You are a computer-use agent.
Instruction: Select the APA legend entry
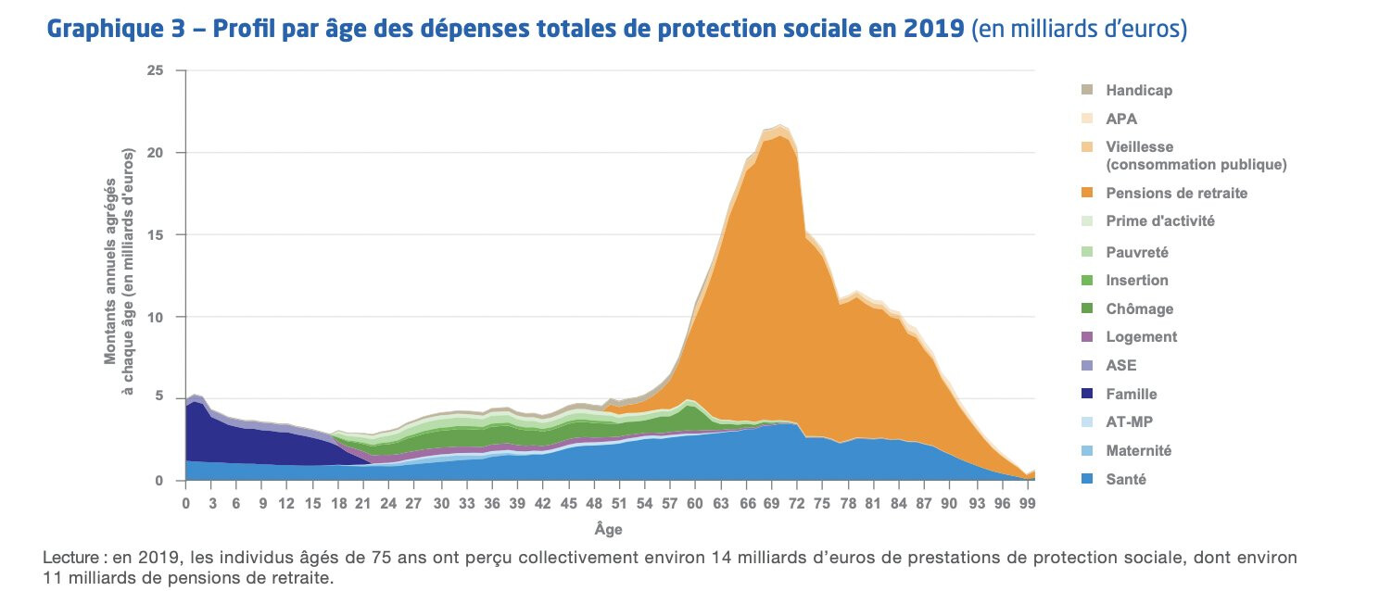coord(1121,119)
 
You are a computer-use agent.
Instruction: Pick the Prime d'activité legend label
coord(1159,221)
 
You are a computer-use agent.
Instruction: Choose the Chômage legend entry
coord(1138,308)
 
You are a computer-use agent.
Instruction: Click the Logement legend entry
coord(1141,337)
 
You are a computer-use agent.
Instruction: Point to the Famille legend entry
coord(1131,394)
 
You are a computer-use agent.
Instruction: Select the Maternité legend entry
coord(1138,451)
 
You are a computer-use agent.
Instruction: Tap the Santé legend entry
coord(1126,480)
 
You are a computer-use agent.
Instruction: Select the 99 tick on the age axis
coord(1025,504)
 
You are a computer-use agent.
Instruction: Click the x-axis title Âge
coord(608,530)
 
